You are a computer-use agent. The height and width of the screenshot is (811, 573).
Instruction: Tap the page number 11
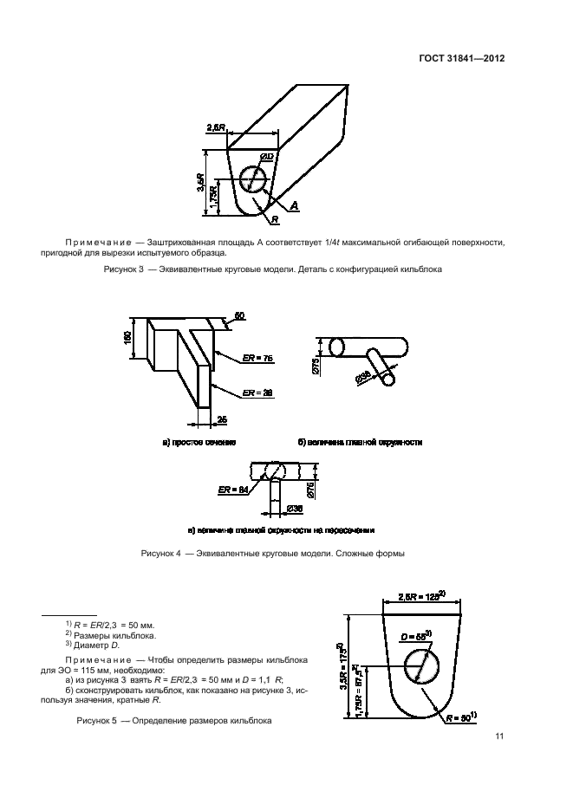(x=500, y=737)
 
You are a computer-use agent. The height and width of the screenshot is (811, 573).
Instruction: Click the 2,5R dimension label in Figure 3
(x=217, y=128)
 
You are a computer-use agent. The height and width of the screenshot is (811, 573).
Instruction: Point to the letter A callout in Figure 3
(x=294, y=205)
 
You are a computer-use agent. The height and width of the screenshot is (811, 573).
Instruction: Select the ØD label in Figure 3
(x=267, y=156)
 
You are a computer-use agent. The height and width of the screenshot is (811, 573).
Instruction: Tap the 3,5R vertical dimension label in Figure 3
(x=199, y=181)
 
